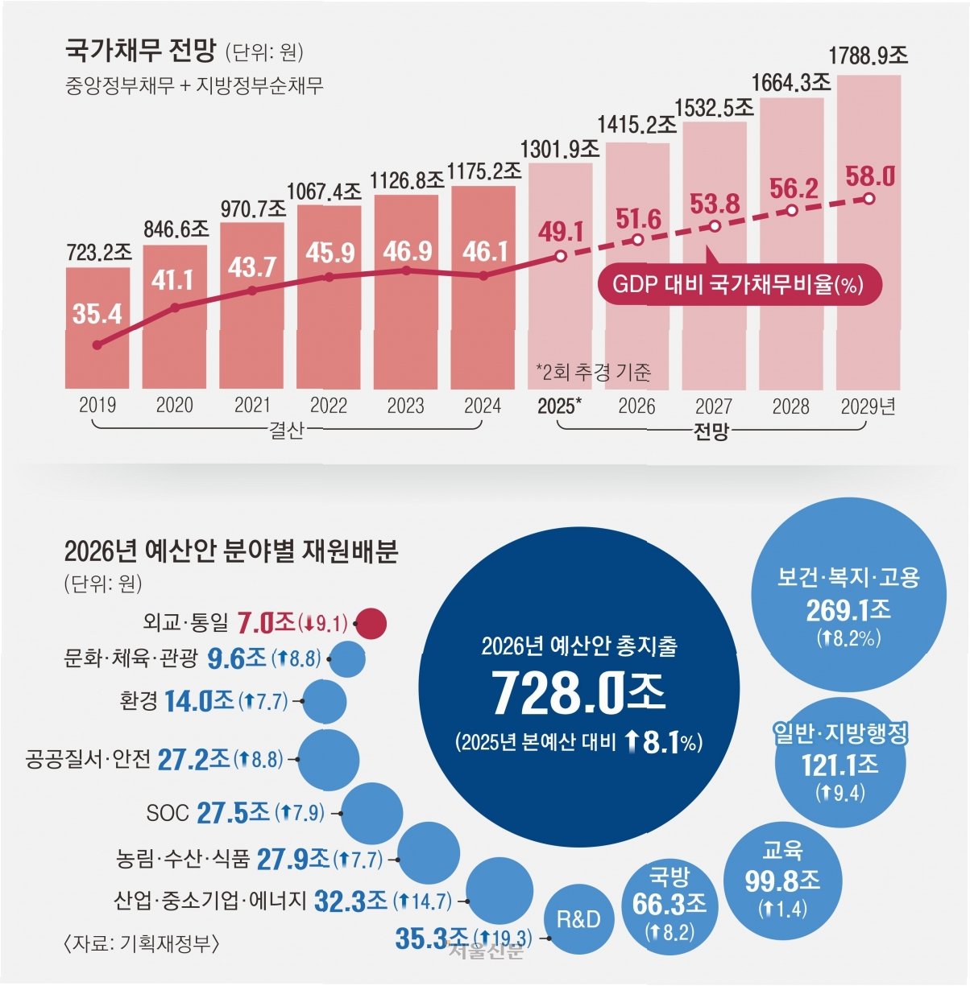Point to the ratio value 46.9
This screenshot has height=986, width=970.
pos(406,251)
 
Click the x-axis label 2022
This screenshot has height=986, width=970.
pos(329,406)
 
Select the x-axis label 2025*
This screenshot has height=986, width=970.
pos(558,406)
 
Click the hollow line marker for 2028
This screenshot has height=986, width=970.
pos(792,209)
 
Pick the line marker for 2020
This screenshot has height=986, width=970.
pos(175,307)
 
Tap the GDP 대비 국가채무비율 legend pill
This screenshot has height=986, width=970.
pos(737,284)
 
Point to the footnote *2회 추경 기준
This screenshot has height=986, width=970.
pos(594,372)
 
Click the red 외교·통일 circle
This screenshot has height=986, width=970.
pos(371,623)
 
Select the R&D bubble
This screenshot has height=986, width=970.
pos(578,918)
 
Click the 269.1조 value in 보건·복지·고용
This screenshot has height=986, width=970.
pos(848,611)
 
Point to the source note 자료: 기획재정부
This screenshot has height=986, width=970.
pos(140,942)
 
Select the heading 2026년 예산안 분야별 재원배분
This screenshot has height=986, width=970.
pos(231,552)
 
